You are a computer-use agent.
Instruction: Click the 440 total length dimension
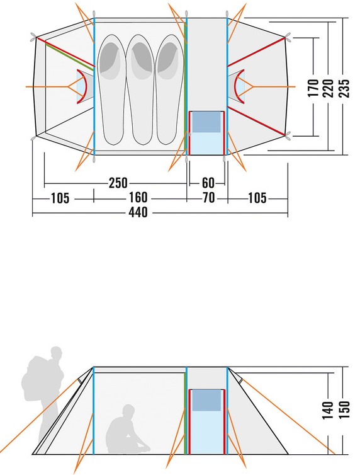pos(138,212)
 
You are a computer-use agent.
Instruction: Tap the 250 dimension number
pos(118,183)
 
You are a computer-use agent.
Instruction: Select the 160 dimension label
pos(138,198)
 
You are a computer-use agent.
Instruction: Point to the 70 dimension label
pos(208,198)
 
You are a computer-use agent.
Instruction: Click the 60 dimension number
pos(208,183)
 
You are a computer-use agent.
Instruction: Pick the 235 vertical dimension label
pos(344,88)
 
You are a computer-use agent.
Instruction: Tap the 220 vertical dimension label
pos(328,88)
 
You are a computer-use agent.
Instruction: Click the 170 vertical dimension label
pos(313,88)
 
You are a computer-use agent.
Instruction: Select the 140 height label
pos(328,410)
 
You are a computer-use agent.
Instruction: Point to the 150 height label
pos(344,409)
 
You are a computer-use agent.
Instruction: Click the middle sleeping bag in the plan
pos(140,89)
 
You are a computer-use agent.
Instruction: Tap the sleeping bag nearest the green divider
pos(170,89)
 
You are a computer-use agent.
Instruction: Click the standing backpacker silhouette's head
pos(57,353)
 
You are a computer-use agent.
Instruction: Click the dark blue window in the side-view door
pos(206,400)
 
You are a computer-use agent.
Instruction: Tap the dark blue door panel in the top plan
pos(206,122)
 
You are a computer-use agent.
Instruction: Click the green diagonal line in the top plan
pos(70,56)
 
